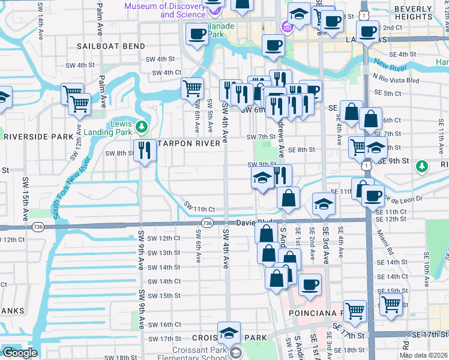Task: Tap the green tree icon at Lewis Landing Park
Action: pyautogui.click(x=142, y=127)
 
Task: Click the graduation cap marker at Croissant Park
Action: pyautogui.click(x=229, y=333)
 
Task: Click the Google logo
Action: pyautogui.click(x=19, y=353)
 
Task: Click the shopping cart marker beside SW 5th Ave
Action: pyautogui.click(x=192, y=89)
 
